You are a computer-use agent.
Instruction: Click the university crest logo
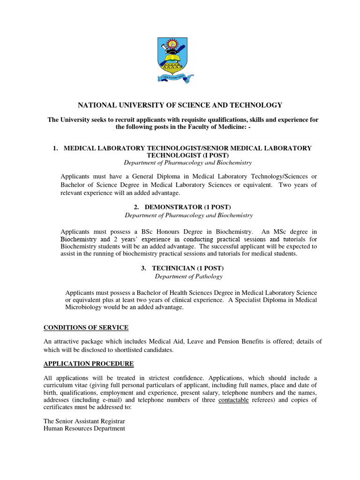click(174, 58)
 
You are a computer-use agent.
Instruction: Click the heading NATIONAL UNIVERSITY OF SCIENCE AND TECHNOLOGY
click(180, 105)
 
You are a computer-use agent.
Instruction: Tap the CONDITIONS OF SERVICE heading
click(86, 327)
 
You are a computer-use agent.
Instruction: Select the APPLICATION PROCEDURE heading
click(89, 364)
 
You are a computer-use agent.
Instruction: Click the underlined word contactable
click(233, 400)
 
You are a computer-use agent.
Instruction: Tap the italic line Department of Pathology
click(182, 276)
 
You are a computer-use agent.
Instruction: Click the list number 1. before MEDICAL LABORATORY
click(55, 148)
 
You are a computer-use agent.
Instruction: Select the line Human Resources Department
click(84, 428)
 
